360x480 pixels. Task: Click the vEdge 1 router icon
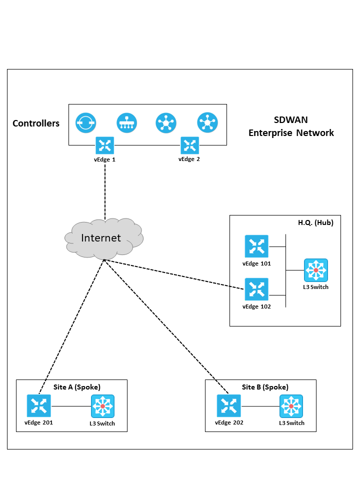pos(105,145)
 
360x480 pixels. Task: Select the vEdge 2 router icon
pos(190,145)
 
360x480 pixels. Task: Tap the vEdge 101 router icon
pos(256,246)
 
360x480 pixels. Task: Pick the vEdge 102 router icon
pos(256,289)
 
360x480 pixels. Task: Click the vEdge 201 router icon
pos(39,406)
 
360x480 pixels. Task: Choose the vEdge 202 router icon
pos(228,406)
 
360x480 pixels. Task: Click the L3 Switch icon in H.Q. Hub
pos(315,270)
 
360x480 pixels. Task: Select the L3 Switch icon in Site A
pos(102,406)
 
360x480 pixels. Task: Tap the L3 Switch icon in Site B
pos(291,406)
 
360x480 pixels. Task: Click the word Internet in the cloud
pos(101,238)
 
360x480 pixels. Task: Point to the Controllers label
pos(36,123)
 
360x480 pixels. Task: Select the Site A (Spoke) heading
pos(77,387)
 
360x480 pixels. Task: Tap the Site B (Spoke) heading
pos(265,387)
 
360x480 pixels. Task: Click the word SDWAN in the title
pos(291,120)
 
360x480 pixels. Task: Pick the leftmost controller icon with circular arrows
pos(86,122)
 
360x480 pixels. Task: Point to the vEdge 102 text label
pos(256,306)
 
